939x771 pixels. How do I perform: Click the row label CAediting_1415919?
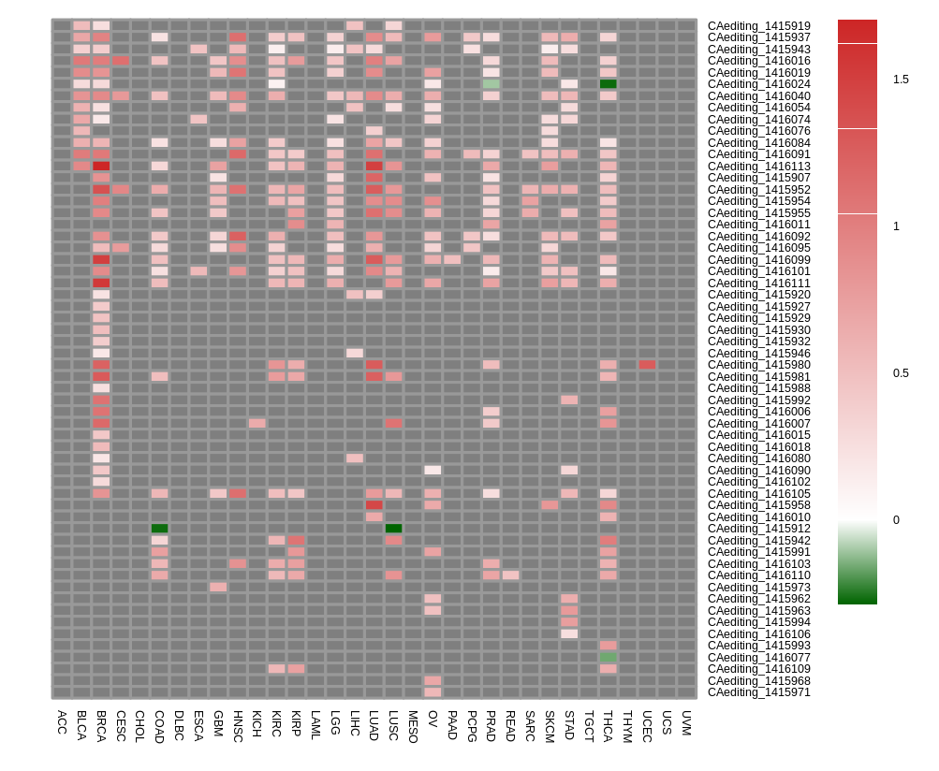coord(758,26)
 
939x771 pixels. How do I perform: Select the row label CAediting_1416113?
coord(758,167)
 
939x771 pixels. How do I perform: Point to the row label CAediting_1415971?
coord(758,692)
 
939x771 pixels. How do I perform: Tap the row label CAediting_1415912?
coord(758,529)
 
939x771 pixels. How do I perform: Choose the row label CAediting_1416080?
coord(758,458)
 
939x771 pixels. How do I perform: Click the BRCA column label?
coord(101,726)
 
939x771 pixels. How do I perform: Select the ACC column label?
coord(62,721)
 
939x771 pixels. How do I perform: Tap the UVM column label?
coord(686,722)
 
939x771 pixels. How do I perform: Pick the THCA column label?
coord(608,726)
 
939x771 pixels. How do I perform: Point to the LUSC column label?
coord(393,726)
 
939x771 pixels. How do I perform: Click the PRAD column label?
coord(491,726)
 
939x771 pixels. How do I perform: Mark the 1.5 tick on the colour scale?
coord(901,80)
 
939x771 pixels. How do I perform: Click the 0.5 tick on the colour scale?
coord(901,373)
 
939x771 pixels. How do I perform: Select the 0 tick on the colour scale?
coord(896,520)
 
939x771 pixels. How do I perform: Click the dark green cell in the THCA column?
coord(609,84)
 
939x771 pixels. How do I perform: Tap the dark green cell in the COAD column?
coord(160,529)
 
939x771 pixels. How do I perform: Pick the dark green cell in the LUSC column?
coord(393,529)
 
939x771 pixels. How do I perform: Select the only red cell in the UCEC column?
coord(647,365)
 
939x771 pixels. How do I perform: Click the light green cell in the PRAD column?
coord(492,84)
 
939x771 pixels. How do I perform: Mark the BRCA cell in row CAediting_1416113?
coord(101,166)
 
